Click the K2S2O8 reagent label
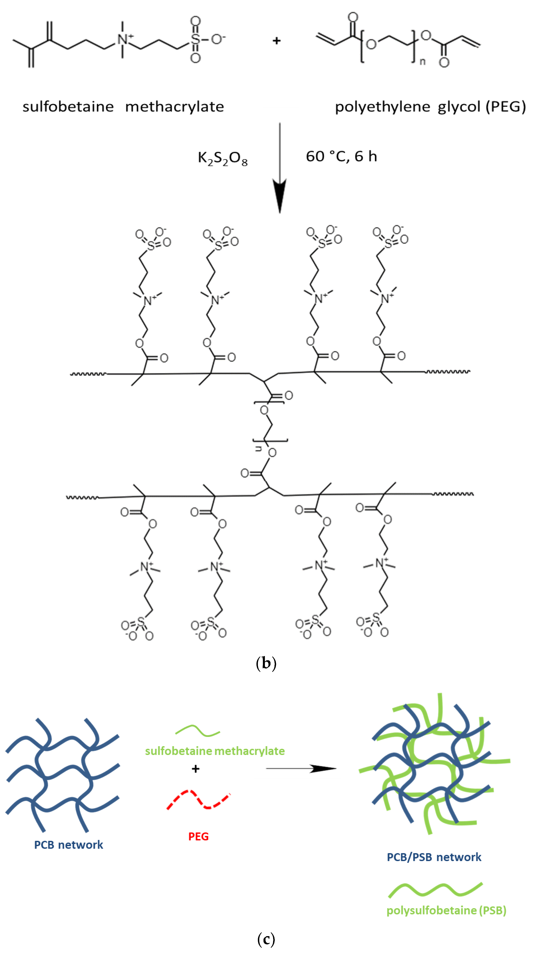223,158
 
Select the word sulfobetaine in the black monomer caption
68,107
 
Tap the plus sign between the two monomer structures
276,41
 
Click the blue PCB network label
68,844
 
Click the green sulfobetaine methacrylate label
215,751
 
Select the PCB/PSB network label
434,857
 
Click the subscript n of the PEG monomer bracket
422,62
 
